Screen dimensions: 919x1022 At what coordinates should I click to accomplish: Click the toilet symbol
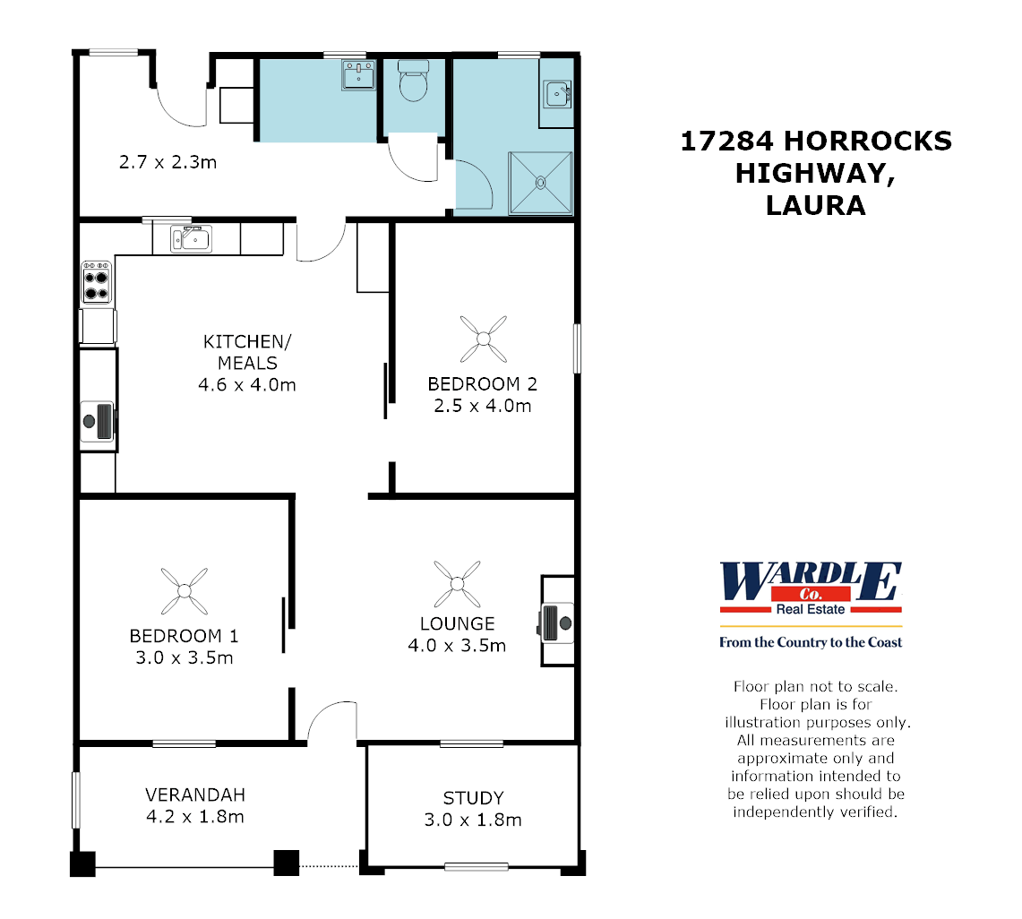point(413,83)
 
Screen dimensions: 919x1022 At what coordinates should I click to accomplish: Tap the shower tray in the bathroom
point(540,183)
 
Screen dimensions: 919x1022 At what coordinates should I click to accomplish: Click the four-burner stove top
point(96,282)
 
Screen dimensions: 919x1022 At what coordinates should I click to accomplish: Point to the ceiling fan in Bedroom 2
point(484,338)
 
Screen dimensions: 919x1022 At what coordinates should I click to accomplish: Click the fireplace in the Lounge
point(555,621)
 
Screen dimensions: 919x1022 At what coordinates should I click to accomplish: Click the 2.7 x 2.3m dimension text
point(167,163)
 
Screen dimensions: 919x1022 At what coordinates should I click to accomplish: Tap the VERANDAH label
point(194,794)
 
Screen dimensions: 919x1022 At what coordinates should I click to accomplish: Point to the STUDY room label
point(473,797)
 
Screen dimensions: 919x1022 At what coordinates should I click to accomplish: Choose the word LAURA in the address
point(815,206)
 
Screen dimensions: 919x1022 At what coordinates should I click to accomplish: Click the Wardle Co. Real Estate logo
point(811,588)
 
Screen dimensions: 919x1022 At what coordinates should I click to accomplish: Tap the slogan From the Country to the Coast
point(811,642)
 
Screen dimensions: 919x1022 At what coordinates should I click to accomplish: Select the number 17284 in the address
point(726,142)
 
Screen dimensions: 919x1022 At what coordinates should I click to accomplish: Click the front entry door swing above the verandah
point(329,721)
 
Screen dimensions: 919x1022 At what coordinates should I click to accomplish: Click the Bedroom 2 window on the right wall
point(577,348)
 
